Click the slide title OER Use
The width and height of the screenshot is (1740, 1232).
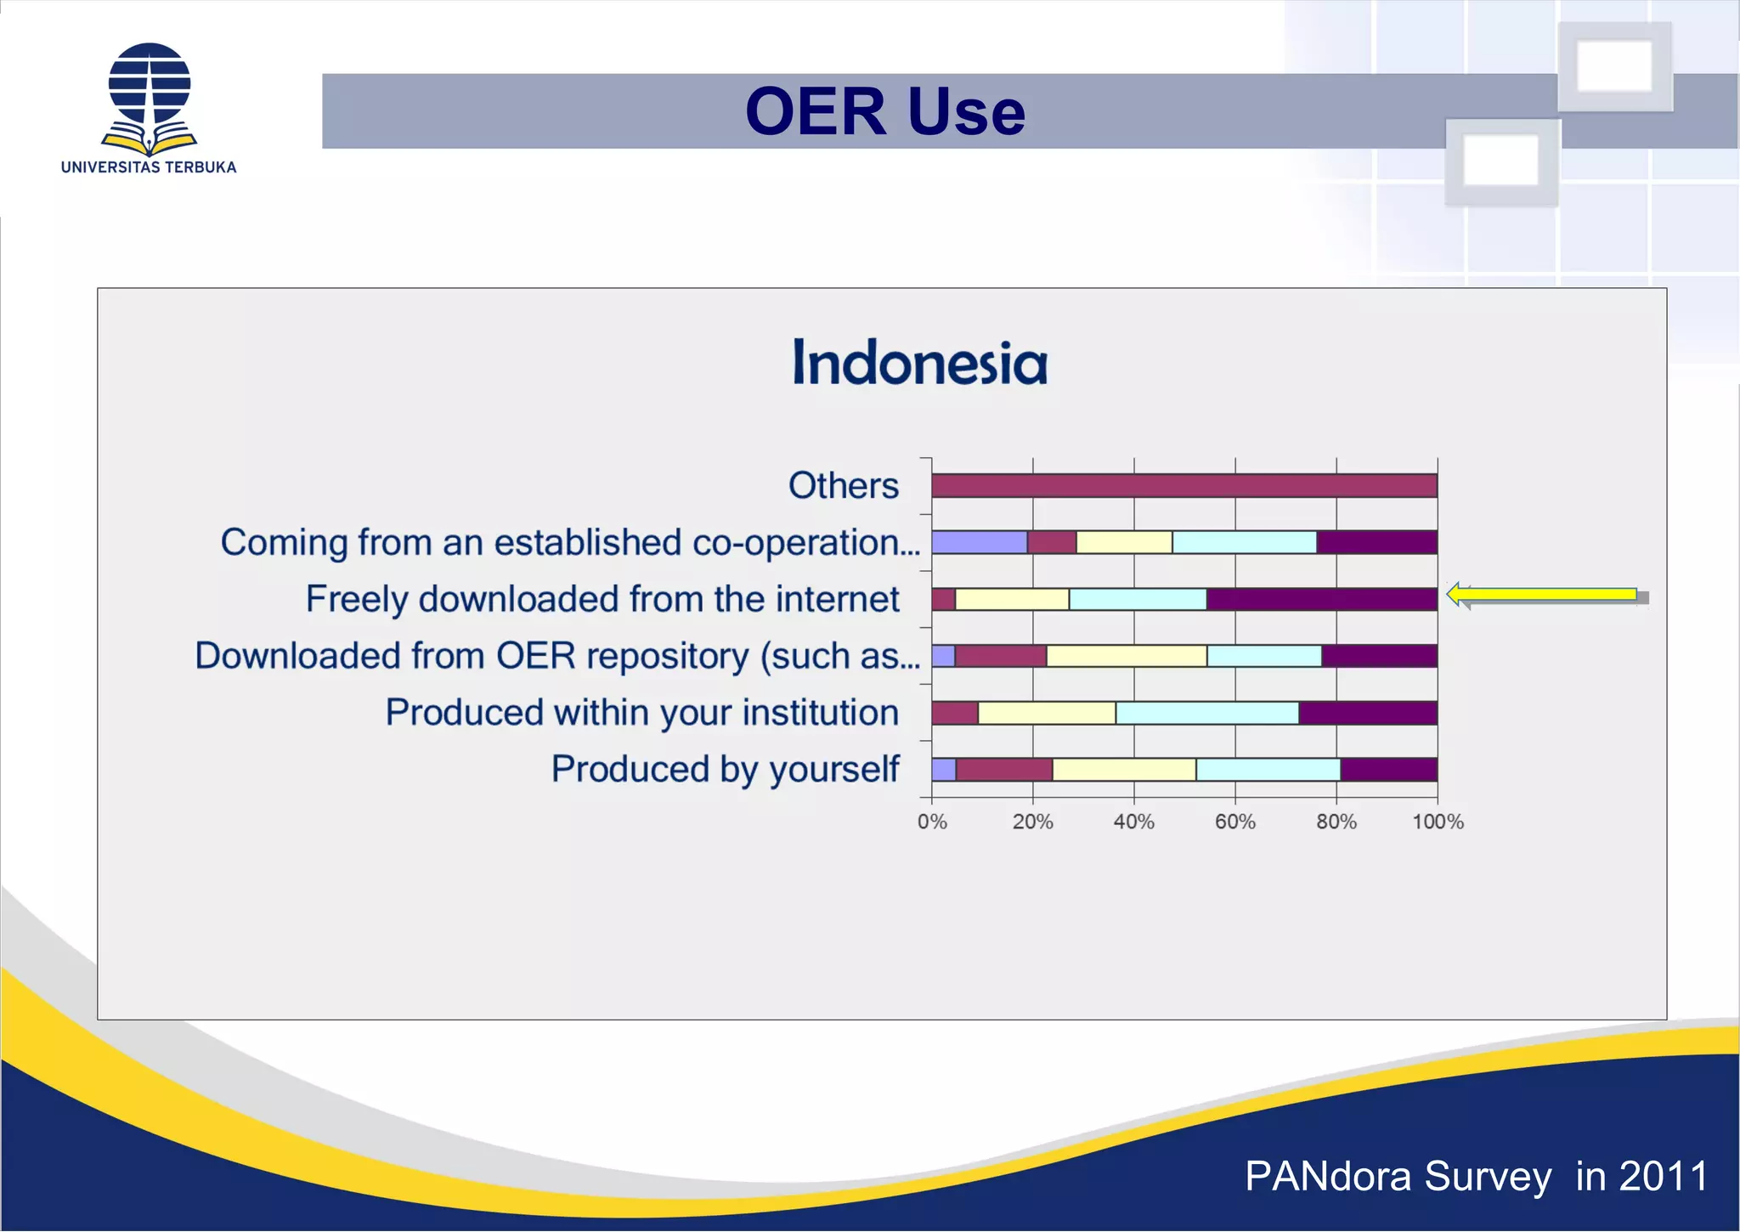[884, 111]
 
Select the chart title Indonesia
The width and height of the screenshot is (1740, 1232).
[919, 363]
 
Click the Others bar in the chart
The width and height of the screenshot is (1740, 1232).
[1184, 486]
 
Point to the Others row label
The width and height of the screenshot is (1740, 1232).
[843, 486]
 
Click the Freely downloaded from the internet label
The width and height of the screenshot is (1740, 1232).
[602, 599]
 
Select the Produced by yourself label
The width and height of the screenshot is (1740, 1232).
[725, 769]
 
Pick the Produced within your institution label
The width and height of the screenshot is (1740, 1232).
[641, 712]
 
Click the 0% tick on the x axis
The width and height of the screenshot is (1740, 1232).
[932, 822]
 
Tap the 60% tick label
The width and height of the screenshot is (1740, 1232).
[1234, 822]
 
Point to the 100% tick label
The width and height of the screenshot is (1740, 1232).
[1438, 822]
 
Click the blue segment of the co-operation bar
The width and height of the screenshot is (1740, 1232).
[979, 542]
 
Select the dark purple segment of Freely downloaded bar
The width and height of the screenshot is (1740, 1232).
[1321, 599]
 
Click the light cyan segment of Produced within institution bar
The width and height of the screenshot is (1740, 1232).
[1206, 713]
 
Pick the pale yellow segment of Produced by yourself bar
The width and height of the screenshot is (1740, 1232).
[1123, 770]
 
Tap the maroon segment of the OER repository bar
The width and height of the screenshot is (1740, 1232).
[1000, 656]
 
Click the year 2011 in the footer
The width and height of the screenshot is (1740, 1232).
[1664, 1177]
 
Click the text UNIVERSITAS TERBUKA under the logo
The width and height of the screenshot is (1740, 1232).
[149, 167]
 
